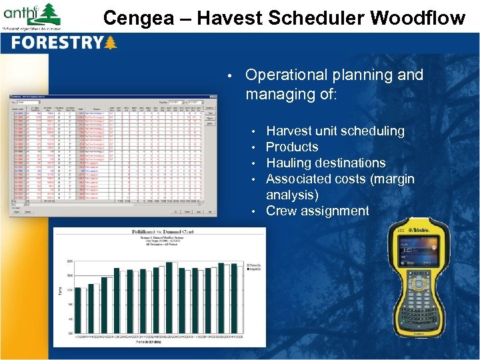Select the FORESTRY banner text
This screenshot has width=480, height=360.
(57, 44)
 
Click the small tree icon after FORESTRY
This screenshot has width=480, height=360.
(111, 43)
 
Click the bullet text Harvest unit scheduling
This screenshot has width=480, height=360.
(335, 131)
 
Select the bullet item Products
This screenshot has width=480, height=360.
(292, 147)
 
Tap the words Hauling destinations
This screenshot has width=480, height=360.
(325, 163)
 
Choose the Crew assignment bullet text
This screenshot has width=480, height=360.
(317, 211)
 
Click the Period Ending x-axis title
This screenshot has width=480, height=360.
(154, 341)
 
